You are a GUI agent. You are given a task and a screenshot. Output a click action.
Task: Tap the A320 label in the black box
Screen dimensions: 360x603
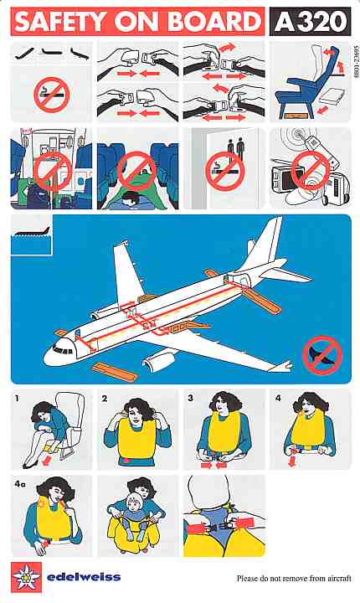311,22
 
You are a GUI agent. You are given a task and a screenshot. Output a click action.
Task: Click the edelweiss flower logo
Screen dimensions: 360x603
26,577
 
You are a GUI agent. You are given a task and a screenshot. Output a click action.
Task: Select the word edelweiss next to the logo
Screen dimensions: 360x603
84,577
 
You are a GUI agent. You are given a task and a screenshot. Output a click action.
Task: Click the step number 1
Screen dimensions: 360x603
17,399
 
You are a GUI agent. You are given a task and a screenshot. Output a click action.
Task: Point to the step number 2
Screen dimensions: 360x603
105,399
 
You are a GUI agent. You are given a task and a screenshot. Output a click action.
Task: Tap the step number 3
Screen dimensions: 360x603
190,398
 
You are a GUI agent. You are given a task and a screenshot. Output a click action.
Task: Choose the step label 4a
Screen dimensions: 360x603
20,484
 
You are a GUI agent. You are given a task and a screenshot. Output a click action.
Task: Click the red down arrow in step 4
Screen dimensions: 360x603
292,461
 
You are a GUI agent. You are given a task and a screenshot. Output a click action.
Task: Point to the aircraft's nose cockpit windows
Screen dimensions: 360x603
63,350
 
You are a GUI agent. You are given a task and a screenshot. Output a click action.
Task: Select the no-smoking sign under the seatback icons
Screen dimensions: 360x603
52,95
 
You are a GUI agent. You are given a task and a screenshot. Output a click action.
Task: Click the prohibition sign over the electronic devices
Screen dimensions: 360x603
310,170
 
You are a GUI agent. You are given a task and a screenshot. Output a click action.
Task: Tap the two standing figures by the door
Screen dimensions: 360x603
236,149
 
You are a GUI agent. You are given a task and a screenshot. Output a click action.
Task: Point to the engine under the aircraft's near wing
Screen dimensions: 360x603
158,359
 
